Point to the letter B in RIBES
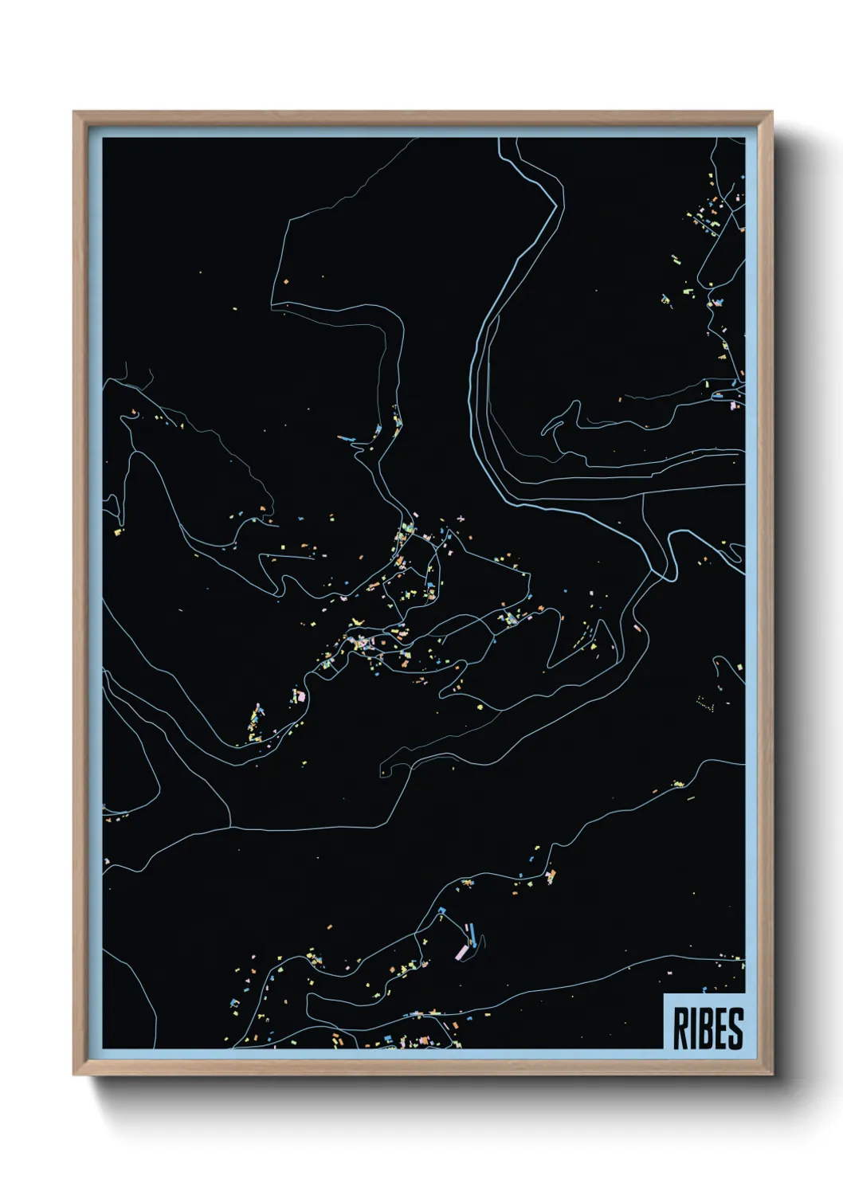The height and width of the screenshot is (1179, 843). tap(705, 1028)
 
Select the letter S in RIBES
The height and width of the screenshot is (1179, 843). tap(735, 1028)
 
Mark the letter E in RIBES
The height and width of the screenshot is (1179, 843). tap(720, 1028)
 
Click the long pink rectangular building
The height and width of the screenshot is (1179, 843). tap(461, 952)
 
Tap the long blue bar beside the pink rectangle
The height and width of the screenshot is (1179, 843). tap(472, 931)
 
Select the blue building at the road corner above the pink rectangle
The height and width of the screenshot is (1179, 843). tap(441, 910)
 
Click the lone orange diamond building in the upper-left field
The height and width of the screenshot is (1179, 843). tap(286, 281)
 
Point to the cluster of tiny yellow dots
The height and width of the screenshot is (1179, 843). tap(704, 703)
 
